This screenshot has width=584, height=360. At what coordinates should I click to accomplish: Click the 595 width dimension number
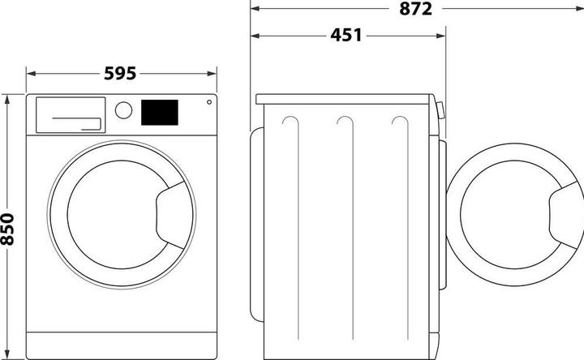122,73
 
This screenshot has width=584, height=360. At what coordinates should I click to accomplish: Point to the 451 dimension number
346,36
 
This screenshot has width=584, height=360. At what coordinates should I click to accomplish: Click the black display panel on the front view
160,113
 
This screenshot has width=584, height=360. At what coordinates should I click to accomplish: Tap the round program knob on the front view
123,110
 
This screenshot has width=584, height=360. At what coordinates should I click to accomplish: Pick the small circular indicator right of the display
209,102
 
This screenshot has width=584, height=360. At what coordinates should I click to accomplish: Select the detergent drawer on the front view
69,114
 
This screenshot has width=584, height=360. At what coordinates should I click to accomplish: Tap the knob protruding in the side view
441,111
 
